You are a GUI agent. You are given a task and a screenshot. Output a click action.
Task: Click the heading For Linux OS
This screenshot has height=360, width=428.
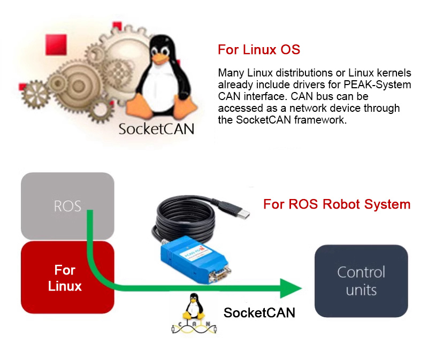click(259, 50)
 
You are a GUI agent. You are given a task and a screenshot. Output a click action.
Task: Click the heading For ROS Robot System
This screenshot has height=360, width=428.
click(337, 204)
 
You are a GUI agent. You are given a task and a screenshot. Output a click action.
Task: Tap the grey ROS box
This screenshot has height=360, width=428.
click(67, 206)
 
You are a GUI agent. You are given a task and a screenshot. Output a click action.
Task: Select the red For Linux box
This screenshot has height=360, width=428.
click(65, 278)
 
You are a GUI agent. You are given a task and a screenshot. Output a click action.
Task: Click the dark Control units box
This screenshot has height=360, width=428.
click(361, 281)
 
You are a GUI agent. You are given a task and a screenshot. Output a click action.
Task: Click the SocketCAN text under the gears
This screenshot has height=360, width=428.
click(156, 129)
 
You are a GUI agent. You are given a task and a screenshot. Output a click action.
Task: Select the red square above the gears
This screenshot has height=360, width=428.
click(56, 44)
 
